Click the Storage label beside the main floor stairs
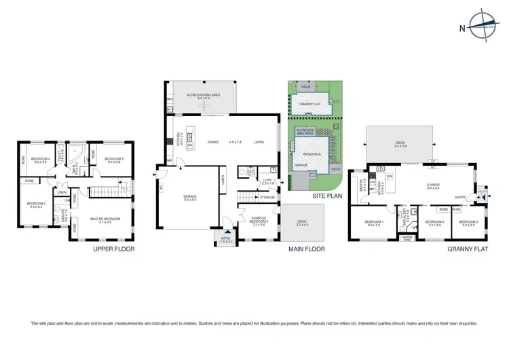click(267, 198)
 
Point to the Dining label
click(213, 142)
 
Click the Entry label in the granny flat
click(461, 198)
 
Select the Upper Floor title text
click(113, 249)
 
